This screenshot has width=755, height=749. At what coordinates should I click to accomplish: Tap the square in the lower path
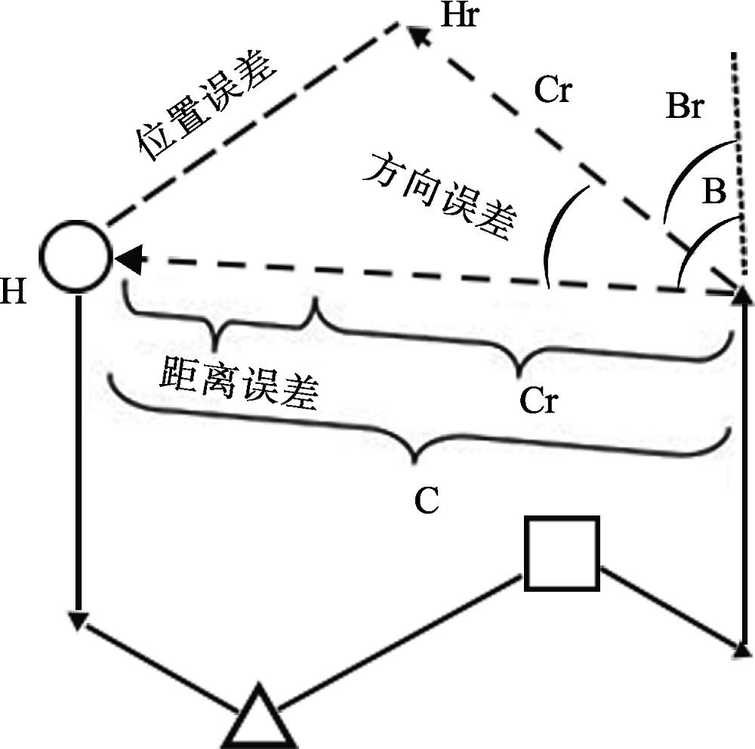[562, 552]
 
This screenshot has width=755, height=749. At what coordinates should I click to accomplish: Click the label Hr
[460, 16]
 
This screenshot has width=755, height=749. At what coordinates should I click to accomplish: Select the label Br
[685, 107]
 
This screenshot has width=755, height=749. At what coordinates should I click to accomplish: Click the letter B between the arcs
[713, 193]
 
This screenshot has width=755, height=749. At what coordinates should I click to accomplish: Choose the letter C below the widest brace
[427, 501]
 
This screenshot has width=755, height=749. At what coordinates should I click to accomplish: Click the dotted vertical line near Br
[739, 166]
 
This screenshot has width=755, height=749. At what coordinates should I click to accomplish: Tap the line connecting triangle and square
[400, 642]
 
